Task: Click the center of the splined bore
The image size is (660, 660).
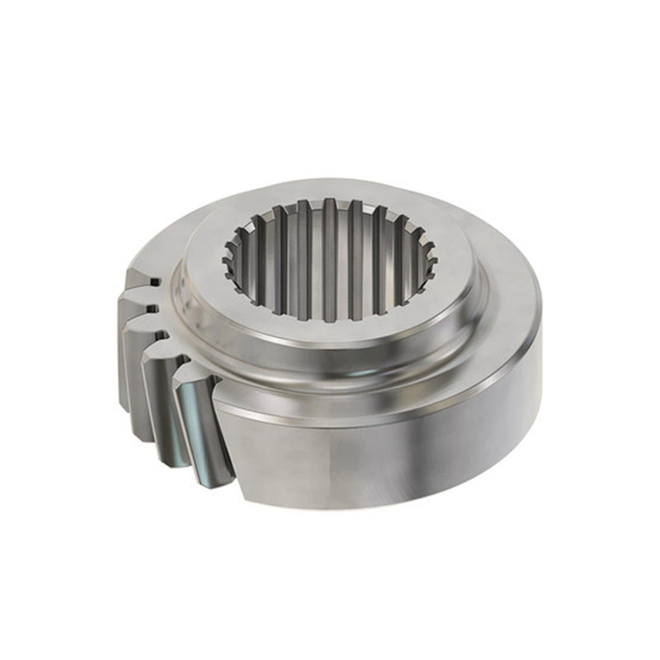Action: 330,260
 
